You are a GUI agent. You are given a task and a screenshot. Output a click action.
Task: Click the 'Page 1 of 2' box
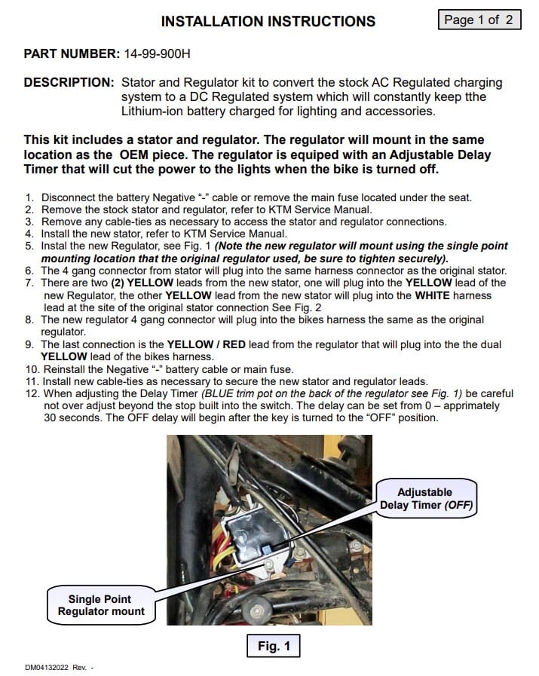click(x=479, y=20)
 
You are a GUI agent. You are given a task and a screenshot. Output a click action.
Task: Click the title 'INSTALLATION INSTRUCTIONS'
click(x=268, y=22)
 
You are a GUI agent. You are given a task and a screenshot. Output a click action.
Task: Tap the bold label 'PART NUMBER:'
click(x=71, y=54)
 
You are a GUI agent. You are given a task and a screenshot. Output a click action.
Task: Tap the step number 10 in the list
click(x=32, y=369)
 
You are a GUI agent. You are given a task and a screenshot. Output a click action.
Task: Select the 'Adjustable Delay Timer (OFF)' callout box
click(x=427, y=498)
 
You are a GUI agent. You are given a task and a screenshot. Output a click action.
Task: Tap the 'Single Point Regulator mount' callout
click(x=101, y=605)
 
